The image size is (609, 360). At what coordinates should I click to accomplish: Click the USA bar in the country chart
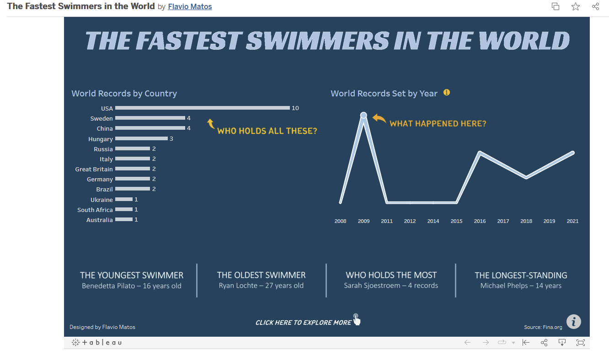pyautogui.click(x=202, y=108)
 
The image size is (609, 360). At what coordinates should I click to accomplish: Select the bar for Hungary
pyautogui.click(x=141, y=138)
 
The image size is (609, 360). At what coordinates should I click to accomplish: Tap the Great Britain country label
pyautogui.click(x=94, y=169)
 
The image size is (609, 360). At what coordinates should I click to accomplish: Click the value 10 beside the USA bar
pyautogui.click(x=295, y=108)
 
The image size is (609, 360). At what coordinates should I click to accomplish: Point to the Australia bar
pyautogui.click(x=124, y=220)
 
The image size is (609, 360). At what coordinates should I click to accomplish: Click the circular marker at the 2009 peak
pyautogui.click(x=363, y=115)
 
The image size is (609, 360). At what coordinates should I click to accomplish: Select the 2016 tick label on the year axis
pyautogui.click(x=480, y=221)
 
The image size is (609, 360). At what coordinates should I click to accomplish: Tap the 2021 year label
pyautogui.click(x=572, y=221)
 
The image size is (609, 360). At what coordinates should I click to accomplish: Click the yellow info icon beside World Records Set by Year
pyautogui.click(x=447, y=92)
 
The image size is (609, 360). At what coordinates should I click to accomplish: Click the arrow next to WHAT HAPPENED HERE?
pyautogui.click(x=379, y=119)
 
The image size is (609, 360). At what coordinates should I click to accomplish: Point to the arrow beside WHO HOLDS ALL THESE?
pyautogui.click(x=211, y=123)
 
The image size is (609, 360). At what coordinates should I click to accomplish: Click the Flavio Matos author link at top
pyautogui.click(x=190, y=7)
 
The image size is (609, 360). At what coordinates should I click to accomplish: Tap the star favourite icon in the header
pyautogui.click(x=576, y=6)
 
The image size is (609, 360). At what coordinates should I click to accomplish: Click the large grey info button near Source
pyautogui.click(x=573, y=321)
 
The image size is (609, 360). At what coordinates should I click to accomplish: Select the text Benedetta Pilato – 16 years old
pyautogui.click(x=132, y=286)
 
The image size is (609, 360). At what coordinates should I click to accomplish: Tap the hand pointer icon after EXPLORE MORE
pyautogui.click(x=357, y=319)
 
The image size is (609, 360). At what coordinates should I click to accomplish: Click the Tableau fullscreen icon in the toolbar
pyautogui.click(x=581, y=343)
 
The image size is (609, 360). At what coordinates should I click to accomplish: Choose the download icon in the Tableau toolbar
pyautogui.click(x=562, y=343)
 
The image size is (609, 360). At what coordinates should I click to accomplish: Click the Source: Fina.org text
pyautogui.click(x=542, y=327)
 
